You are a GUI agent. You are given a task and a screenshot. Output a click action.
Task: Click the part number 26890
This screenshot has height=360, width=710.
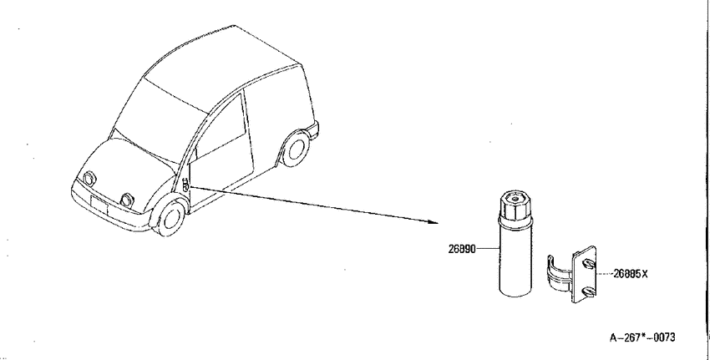pos(462,249)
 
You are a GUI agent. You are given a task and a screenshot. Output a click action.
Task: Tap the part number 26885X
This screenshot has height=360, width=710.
pos(631,273)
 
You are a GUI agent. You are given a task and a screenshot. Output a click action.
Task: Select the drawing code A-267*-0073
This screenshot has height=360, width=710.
pos(642,337)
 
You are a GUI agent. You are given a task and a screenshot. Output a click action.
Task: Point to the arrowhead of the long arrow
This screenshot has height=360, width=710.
pos(434,222)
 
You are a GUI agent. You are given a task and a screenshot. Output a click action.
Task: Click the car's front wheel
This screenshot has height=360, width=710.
pos(170,218)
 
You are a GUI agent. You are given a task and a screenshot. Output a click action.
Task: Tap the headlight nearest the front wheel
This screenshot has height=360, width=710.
pos(126,200)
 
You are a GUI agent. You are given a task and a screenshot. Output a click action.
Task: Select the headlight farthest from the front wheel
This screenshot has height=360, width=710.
pos(89,179)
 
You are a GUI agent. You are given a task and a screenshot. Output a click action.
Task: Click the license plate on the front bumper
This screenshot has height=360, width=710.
pos(99,205)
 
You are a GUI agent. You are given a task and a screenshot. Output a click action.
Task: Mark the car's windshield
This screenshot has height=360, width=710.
pos(159,120)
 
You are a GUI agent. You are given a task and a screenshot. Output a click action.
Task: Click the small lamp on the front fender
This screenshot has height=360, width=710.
pos(185,185)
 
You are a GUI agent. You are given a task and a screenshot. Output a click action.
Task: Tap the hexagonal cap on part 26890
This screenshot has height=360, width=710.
pos(515,207)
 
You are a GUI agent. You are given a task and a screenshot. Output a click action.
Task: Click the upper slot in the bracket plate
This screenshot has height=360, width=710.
pos(587,264)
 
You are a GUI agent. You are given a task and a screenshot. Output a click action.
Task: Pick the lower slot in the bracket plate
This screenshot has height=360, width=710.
pos(588,292)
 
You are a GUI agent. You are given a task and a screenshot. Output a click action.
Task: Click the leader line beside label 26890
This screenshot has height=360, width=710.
pos(488,248)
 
